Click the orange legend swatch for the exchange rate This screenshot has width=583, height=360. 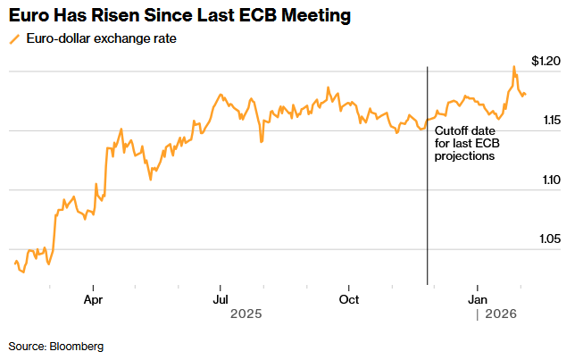[x=12, y=39]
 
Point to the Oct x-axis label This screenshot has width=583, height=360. [x=348, y=299]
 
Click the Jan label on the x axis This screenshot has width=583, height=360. [x=478, y=299]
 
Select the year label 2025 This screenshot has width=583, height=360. [x=245, y=314]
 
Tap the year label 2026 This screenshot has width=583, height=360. [x=502, y=314]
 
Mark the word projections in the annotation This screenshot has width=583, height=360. [x=464, y=155]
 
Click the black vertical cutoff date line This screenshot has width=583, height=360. [x=428, y=214]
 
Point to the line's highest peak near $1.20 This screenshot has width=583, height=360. [x=513, y=67]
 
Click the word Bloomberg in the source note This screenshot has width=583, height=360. [x=77, y=346]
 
